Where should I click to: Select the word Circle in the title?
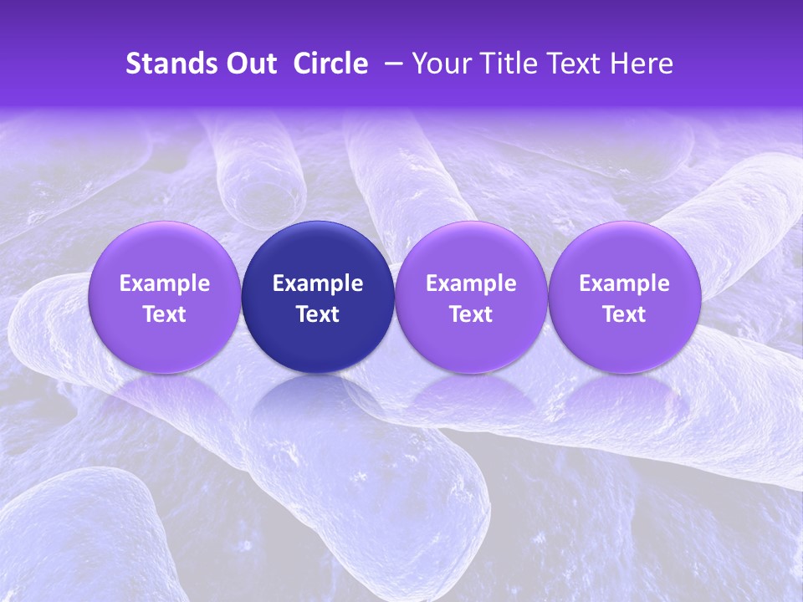(x=330, y=64)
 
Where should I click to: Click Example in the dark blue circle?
(x=318, y=283)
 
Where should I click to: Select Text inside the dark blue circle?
(x=318, y=314)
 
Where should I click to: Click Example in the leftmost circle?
(x=165, y=283)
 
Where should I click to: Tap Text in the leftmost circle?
(x=165, y=314)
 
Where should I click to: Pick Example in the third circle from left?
(x=471, y=283)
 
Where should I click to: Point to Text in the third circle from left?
(x=471, y=314)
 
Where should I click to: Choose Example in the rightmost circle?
(x=624, y=283)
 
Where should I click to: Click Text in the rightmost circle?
(x=624, y=314)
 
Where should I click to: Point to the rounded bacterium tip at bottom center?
(x=456, y=502)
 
